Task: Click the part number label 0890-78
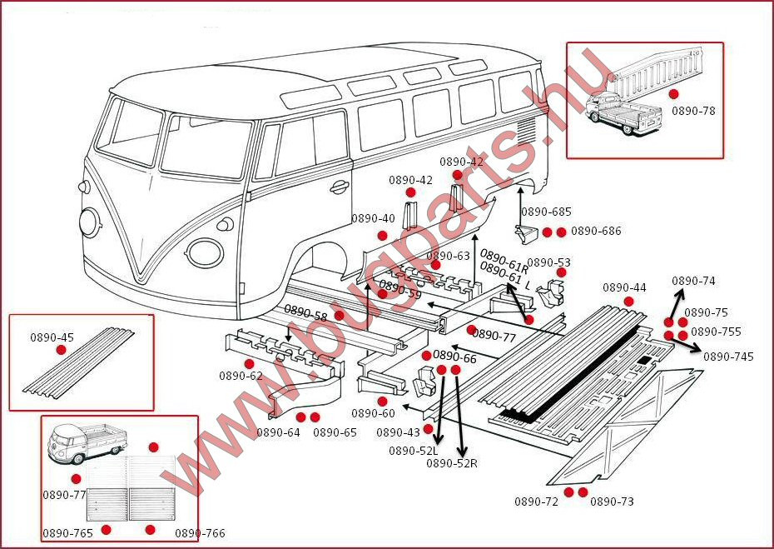692,111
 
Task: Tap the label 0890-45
52,337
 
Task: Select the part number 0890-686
596,232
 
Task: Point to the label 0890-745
728,357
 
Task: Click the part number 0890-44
624,287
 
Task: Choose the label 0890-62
241,376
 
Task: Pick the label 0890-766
200,533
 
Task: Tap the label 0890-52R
451,463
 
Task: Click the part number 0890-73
612,502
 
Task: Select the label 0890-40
373,219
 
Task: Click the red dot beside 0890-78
673,94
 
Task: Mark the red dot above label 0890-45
61,350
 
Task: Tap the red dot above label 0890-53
561,272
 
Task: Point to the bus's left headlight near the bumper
89,221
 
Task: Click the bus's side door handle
339,187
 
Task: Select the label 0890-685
546,212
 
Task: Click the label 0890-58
305,312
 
